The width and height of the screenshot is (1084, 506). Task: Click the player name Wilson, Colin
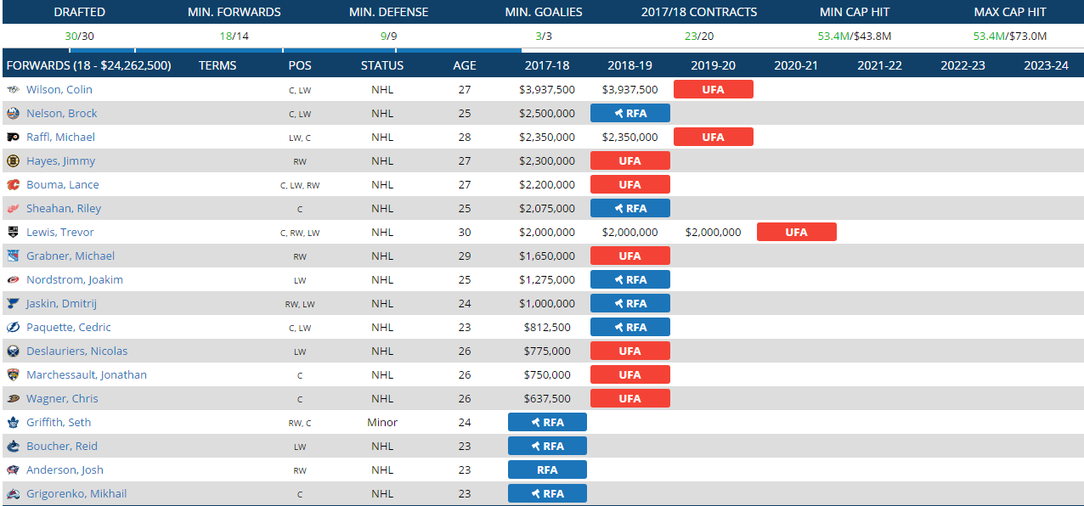59,89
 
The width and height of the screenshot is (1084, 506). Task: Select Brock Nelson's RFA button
630,113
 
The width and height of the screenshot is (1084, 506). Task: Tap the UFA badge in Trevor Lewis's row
796,232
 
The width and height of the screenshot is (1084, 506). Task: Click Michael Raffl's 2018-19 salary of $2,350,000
630,137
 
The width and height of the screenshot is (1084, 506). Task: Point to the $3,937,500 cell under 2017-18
547,89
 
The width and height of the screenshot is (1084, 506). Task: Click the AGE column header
465,65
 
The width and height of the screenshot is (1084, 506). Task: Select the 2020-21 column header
796,65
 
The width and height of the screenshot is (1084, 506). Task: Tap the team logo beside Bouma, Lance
13,184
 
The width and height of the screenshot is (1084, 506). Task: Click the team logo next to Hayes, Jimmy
13,160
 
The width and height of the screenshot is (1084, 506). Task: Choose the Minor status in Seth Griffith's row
382,422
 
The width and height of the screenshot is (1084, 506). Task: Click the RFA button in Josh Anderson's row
547,469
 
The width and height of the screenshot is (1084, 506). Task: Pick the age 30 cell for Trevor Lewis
464,232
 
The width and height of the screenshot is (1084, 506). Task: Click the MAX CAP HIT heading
1009,12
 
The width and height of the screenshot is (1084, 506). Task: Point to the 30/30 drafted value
79,36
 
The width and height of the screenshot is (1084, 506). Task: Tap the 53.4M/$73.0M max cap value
1009,36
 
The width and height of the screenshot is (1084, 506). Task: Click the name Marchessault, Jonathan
86,374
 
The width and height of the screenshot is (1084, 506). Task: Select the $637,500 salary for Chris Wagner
547,398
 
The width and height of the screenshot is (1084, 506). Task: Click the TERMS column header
217,65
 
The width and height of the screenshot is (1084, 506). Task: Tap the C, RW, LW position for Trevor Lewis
300,233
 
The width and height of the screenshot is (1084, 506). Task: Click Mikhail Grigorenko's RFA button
547,493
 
